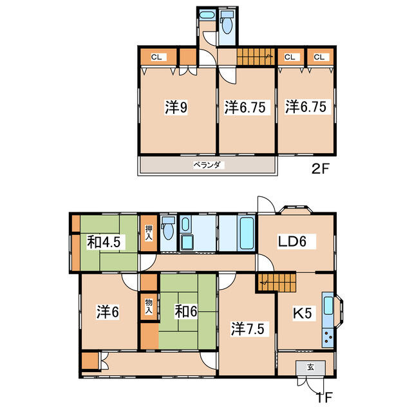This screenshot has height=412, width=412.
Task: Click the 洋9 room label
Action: click(x=176, y=108)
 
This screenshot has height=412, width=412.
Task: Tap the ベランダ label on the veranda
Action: click(x=207, y=165)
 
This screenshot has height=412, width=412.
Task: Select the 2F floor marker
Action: click(x=320, y=169)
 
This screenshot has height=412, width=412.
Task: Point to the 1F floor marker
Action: click(x=324, y=397)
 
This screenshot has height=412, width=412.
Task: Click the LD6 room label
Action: click(x=292, y=241)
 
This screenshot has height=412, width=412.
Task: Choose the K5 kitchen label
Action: click(x=302, y=314)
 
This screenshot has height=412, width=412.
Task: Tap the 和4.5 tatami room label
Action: click(x=104, y=242)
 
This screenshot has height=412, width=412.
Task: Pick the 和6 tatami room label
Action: click(x=186, y=312)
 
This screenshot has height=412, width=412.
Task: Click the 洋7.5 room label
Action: click(x=247, y=329)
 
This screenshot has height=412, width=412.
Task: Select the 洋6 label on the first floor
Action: click(x=108, y=312)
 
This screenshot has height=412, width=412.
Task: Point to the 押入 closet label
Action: click(x=149, y=232)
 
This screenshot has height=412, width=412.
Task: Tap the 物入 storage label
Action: click(x=149, y=306)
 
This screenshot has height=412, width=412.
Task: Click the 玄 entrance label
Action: click(x=310, y=367)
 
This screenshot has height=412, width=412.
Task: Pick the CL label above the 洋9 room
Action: click(x=156, y=57)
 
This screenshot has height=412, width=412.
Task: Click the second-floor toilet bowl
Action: click(x=227, y=24)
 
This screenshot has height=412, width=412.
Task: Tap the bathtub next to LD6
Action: click(x=247, y=234)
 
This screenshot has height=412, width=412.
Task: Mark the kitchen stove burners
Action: click(x=328, y=337)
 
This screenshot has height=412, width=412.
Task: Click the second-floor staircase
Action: click(x=256, y=56)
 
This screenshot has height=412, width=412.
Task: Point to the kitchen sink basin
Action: click(x=328, y=305)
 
